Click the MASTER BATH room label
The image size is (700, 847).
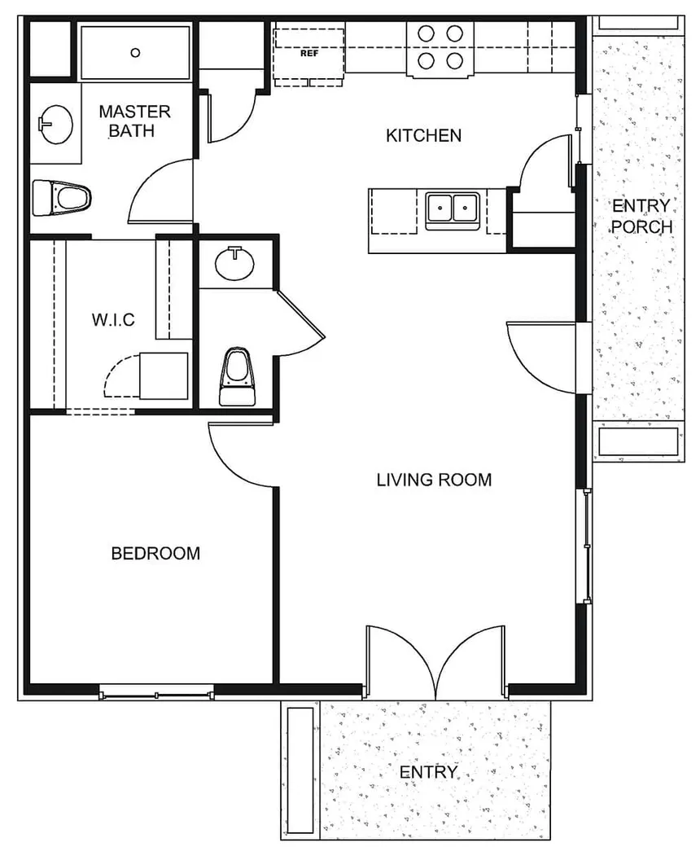(134, 121)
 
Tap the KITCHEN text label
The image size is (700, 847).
(423, 135)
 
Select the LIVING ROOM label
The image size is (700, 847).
(434, 480)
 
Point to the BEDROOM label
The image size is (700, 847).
(155, 554)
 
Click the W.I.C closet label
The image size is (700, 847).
(113, 320)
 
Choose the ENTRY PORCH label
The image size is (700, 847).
(642, 216)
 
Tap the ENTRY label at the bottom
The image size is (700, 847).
(430, 772)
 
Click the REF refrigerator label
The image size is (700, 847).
(308, 55)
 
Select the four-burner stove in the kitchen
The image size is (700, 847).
(440, 47)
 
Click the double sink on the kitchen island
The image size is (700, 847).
(452, 209)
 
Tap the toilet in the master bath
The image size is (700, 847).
(63, 197)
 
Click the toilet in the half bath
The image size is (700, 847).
(237, 376)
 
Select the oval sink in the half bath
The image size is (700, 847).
(237, 262)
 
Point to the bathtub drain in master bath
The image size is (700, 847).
(135, 51)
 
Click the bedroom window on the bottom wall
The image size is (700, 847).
(156, 695)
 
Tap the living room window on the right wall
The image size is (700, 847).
(585, 546)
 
